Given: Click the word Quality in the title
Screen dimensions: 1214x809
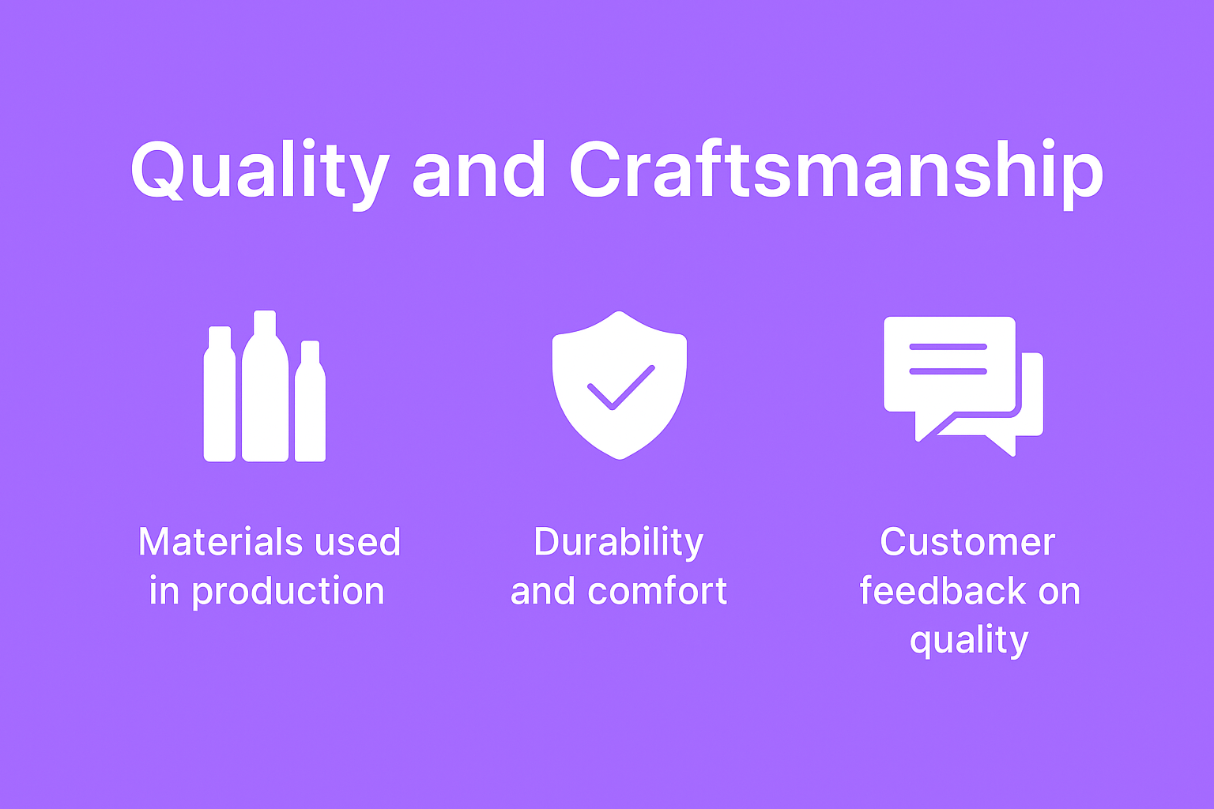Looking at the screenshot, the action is [x=260, y=172].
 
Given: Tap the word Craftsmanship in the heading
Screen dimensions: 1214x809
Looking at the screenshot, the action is [x=835, y=172].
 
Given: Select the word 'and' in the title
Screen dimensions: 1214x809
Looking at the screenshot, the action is [x=478, y=169].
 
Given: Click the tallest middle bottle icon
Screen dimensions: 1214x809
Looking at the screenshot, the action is [x=265, y=386].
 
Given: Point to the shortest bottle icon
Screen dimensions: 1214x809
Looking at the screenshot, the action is [x=310, y=401].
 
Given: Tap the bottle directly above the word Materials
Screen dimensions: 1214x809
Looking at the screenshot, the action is [x=220, y=394].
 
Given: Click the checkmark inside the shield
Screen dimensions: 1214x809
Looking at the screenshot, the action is [x=621, y=387].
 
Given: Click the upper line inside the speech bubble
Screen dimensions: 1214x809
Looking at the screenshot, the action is [x=948, y=347].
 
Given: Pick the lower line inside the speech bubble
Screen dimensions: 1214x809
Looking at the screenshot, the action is [x=948, y=371].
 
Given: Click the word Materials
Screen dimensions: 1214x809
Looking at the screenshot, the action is [x=221, y=541].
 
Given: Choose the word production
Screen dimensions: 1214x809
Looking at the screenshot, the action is [x=288, y=591].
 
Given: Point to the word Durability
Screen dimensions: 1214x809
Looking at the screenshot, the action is [x=618, y=543].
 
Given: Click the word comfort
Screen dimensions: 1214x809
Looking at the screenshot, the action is [x=657, y=591].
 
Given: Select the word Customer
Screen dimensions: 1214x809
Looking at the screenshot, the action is [x=967, y=541].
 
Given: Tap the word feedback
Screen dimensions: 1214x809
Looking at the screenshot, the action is [x=942, y=590].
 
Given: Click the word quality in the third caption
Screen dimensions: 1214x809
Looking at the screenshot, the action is [x=968, y=641].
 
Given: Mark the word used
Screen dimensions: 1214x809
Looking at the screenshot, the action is [x=357, y=541].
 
